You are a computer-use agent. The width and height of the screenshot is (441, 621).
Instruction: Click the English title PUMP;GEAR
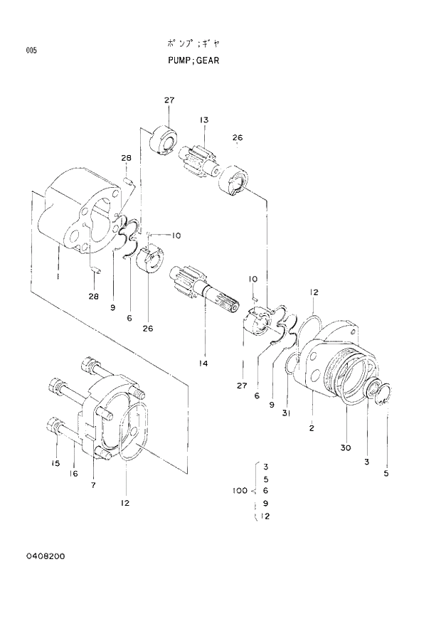tap(188, 60)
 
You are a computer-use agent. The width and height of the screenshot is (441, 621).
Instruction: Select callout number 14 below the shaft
tap(203, 363)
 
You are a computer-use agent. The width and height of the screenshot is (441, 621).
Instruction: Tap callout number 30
tap(346, 447)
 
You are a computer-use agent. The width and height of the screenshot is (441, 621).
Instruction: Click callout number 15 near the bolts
tap(55, 464)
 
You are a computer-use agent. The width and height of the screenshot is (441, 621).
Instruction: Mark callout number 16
tap(73, 474)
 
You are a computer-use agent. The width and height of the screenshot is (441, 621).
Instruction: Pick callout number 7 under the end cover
tap(93, 484)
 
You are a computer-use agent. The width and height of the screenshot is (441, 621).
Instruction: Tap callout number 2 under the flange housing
tap(312, 428)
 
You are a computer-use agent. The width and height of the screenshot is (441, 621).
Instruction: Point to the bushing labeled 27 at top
tap(165, 139)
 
